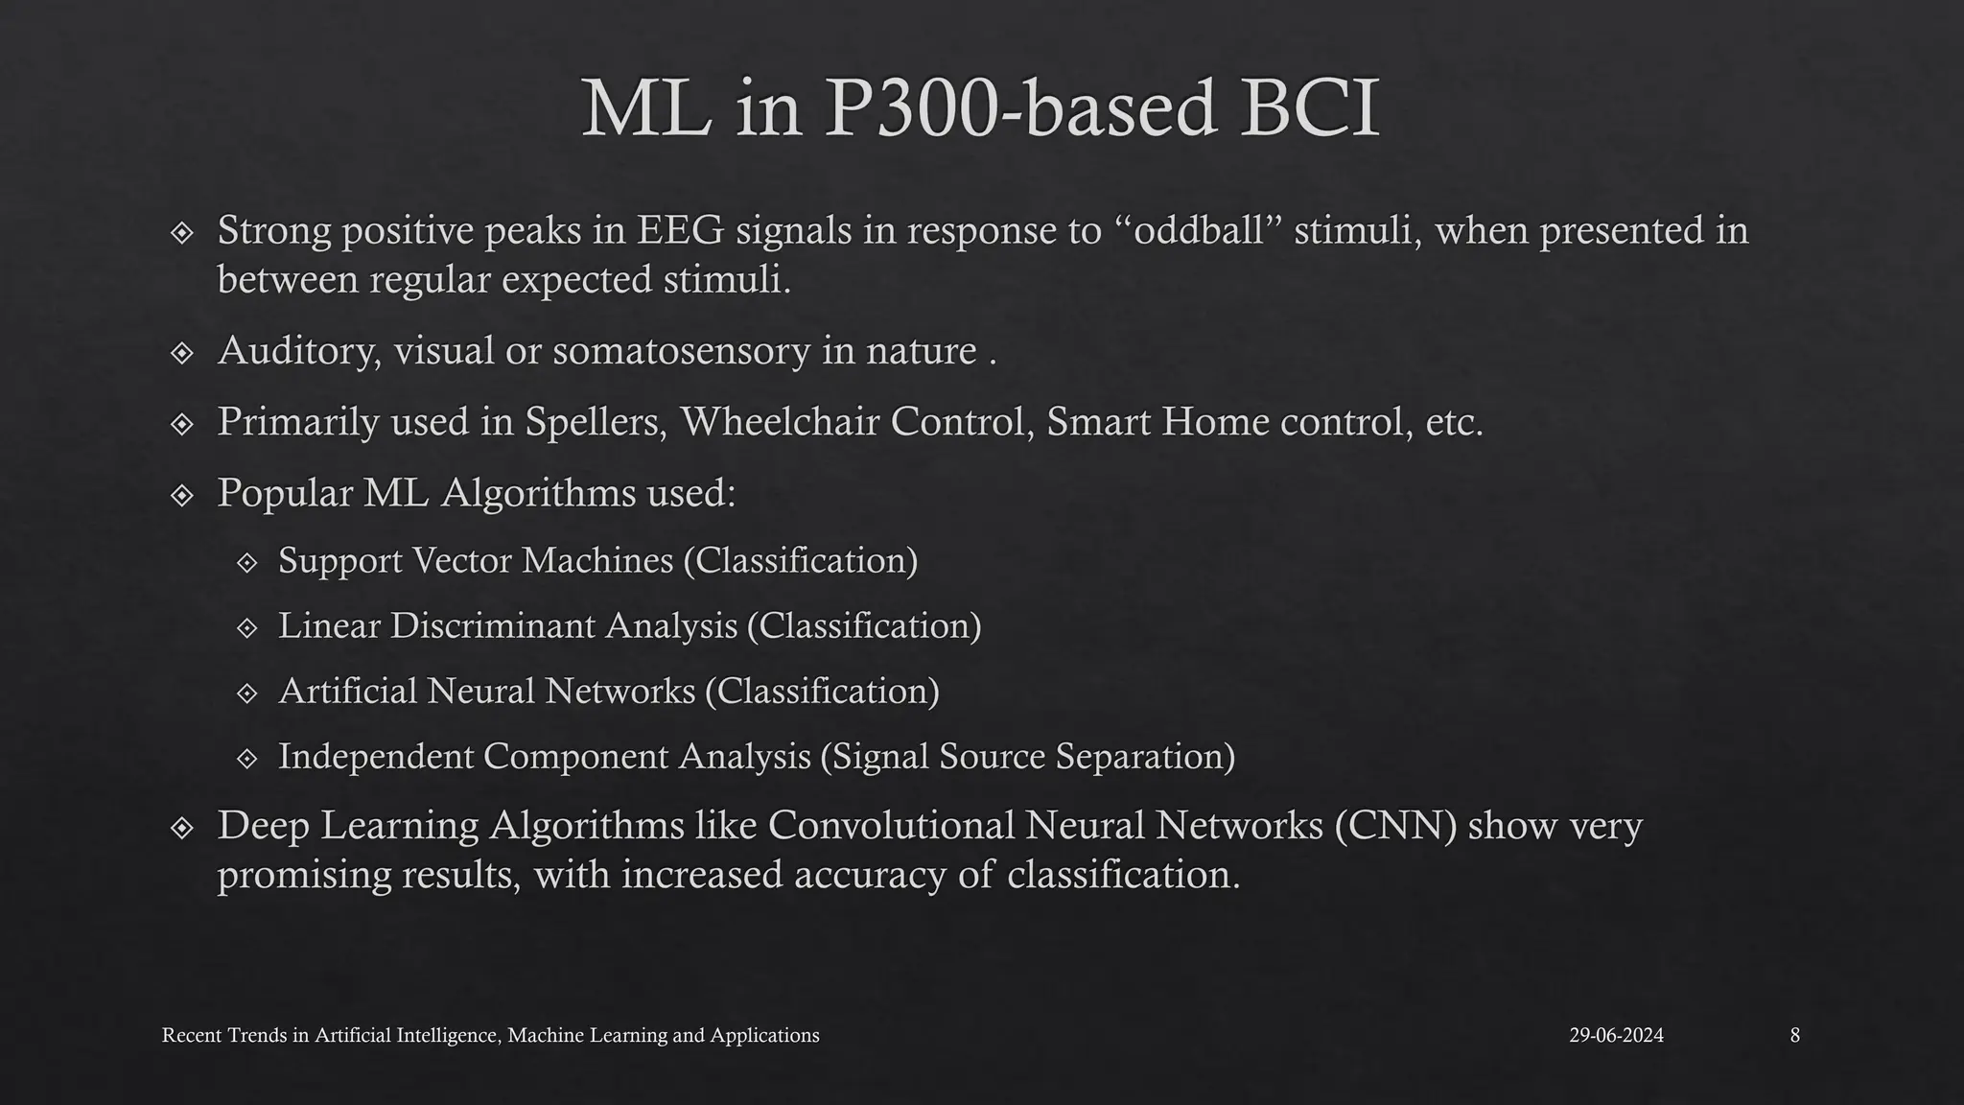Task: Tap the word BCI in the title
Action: (1309, 108)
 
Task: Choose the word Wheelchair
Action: (779, 422)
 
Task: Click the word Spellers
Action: (595, 422)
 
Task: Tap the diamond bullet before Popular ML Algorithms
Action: (182, 495)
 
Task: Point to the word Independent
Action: (375, 757)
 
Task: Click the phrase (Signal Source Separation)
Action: (1027, 757)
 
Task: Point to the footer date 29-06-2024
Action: (1616, 1036)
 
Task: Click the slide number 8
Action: (1794, 1036)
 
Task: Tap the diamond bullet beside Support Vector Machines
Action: (247, 562)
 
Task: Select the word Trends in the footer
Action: (253, 1036)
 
